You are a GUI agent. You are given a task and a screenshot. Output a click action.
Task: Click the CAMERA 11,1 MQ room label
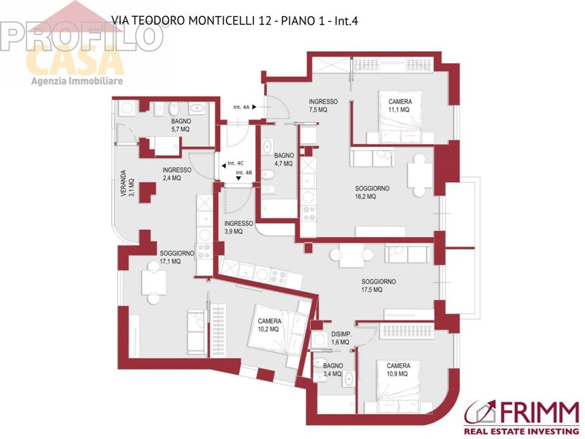point(400,105)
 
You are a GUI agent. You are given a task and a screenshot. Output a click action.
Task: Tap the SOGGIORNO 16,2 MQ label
point(372,192)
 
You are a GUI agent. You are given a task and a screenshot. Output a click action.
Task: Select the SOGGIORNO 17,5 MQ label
point(379,285)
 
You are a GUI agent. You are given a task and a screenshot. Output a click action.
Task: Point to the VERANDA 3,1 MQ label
point(127,184)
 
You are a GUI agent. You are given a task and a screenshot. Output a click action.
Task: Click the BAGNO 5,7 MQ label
point(181,125)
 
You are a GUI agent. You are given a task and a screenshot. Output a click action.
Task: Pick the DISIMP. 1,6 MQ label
point(341,338)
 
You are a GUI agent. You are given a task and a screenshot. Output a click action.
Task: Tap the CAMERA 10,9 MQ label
point(399,369)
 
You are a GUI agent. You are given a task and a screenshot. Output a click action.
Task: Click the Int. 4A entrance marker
point(245,107)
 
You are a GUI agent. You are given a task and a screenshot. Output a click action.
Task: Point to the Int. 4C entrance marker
point(233,163)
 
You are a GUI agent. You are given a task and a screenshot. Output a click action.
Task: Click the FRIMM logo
point(521,417)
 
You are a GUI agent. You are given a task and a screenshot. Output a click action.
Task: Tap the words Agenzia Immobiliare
point(77,80)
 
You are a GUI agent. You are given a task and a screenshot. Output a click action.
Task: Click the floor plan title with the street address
point(235,20)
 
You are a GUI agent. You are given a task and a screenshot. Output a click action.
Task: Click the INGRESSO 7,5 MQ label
point(323,105)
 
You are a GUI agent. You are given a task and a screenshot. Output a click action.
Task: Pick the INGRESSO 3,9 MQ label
point(238,227)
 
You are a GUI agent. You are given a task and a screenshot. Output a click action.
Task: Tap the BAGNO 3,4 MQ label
point(333,369)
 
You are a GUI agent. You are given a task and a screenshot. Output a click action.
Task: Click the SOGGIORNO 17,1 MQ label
point(177,258)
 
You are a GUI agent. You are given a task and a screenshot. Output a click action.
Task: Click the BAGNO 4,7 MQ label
point(284,160)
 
